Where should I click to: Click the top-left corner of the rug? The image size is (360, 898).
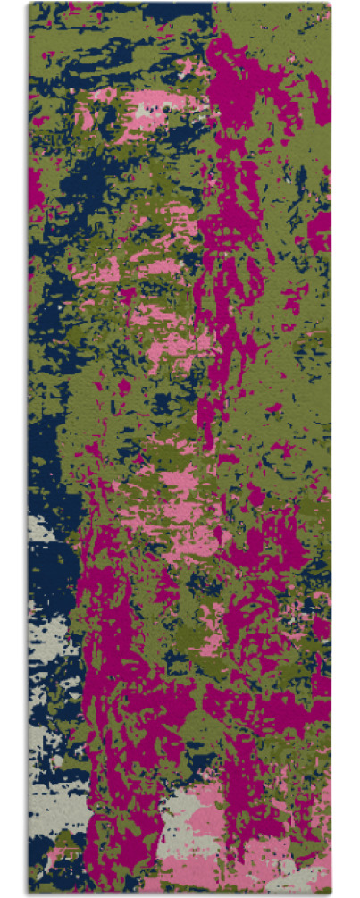29,4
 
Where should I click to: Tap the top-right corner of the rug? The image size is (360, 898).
330,4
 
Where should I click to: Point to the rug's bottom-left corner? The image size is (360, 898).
29,894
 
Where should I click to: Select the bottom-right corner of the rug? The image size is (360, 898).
330,894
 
